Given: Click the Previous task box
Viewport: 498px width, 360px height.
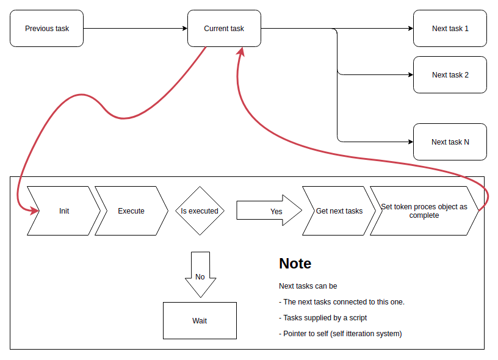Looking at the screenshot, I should pyautogui.click(x=47, y=29).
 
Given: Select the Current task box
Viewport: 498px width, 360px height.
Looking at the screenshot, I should pyautogui.click(x=224, y=29).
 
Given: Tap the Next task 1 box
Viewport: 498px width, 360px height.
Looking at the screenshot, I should pyautogui.click(x=450, y=29).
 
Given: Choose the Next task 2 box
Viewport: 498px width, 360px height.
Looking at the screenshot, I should pyautogui.click(x=450, y=75).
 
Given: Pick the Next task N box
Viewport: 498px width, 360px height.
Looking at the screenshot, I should pyautogui.click(x=450, y=142).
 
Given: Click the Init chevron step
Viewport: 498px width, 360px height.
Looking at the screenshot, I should pyautogui.click(x=64, y=211).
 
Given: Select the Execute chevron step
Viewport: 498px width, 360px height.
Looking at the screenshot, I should pyautogui.click(x=131, y=211).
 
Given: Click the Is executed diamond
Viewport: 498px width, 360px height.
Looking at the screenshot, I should pyautogui.click(x=200, y=211).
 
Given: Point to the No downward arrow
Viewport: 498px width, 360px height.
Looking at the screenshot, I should pyautogui.click(x=200, y=275).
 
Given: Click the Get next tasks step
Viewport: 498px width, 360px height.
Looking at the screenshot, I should pyautogui.click(x=339, y=211).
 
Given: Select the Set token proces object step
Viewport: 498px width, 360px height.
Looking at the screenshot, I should pyautogui.click(x=424, y=211).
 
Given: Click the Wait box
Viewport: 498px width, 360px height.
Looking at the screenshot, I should pyautogui.click(x=200, y=321).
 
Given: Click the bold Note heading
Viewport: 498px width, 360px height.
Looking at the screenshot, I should pyautogui.click(x=295, y=264).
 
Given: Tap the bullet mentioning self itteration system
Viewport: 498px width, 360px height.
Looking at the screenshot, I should pyautogui.click(x=340, y=334).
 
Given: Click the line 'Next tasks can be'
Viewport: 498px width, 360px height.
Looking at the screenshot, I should pyautogui.click(x=308, y=286).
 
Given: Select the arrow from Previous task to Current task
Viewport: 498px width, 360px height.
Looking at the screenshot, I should pyautogui.click(x=135, y=29).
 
